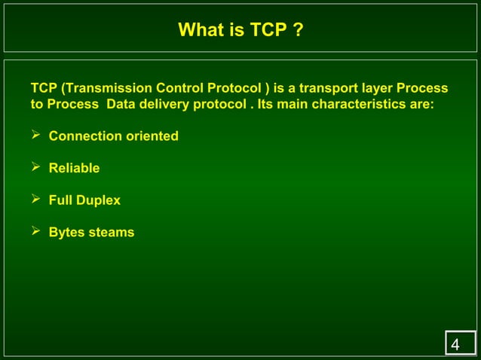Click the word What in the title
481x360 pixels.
click(x=199, y=30)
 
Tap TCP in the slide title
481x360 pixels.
click(x=267, y=30)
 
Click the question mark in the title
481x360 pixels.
click(x=299, y=30)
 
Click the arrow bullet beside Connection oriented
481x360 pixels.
click(x=35, y=136)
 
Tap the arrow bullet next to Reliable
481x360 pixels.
click(x=35, y=167)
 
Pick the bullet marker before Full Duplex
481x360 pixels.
click(x=35, y=200)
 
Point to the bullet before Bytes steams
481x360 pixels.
click(x=35, y=231)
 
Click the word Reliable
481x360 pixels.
click(x=74, y=168)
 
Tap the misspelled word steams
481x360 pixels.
click(x=112, y=232)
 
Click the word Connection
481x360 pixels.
click(x=83, y=136)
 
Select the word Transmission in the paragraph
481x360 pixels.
click(x=106, y=88)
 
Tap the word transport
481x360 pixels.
click(x=329, y=88)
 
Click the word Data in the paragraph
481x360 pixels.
click(x=121, y=104)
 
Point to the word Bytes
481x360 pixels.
click(x=67, y=232)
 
